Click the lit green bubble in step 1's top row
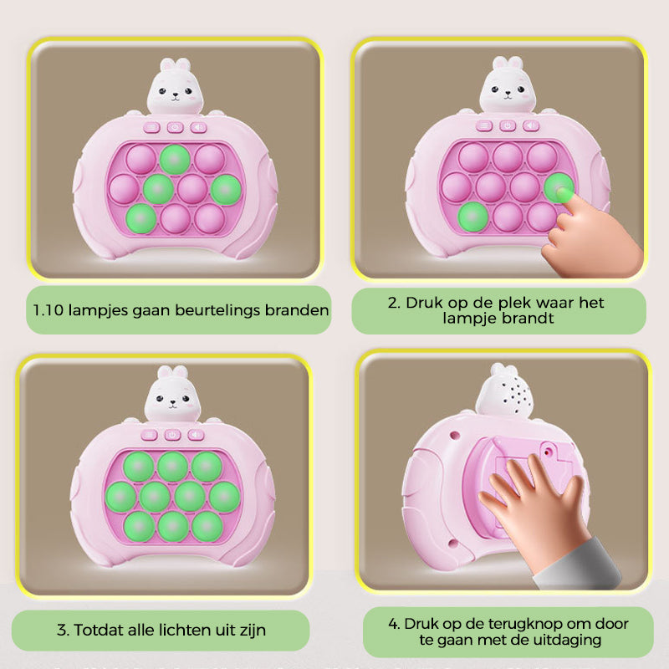click(x=174, y=157)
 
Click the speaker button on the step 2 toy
click(x=530, y=126)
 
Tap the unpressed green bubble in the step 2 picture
click(x=472, y=215)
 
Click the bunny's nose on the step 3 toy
click(x=171, y=401)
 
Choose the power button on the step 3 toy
click(x=172, y=435)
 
